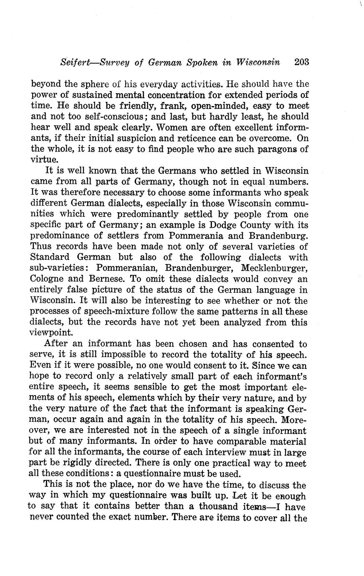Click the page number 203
(301, 63)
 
